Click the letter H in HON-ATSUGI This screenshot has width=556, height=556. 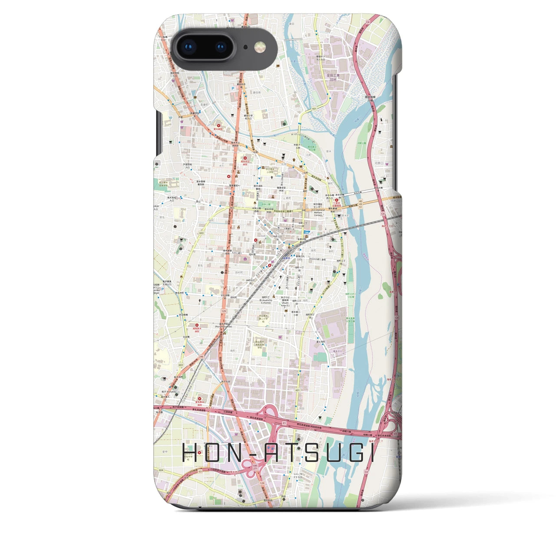(190, 453)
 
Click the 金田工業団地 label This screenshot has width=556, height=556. (334, 77)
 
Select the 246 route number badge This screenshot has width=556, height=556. (201, 357)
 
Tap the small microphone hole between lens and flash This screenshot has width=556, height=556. (245, 47)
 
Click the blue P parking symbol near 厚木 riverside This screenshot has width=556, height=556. (326, 161)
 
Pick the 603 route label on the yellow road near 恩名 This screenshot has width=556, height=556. (201, 233)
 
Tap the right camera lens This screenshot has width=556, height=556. (221, 46)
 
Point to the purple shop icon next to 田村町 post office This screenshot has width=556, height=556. (245, 259)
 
